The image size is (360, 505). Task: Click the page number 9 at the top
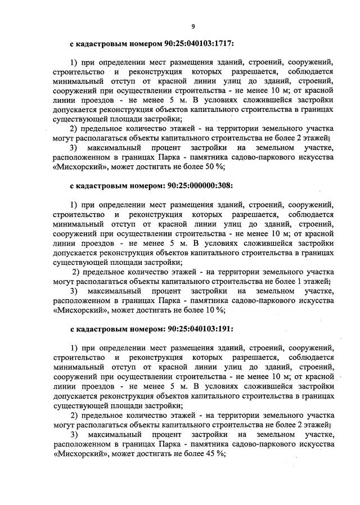click(193, 26)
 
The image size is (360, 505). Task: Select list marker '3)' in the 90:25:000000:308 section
click(74, 291)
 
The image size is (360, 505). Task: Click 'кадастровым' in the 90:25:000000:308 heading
click(99, 186)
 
